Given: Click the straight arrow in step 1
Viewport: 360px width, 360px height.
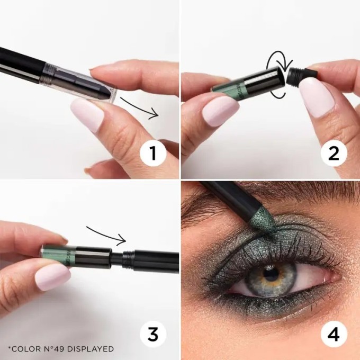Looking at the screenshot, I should pos(139,107).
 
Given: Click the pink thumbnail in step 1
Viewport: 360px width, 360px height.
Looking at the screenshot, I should pos(87,114).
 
